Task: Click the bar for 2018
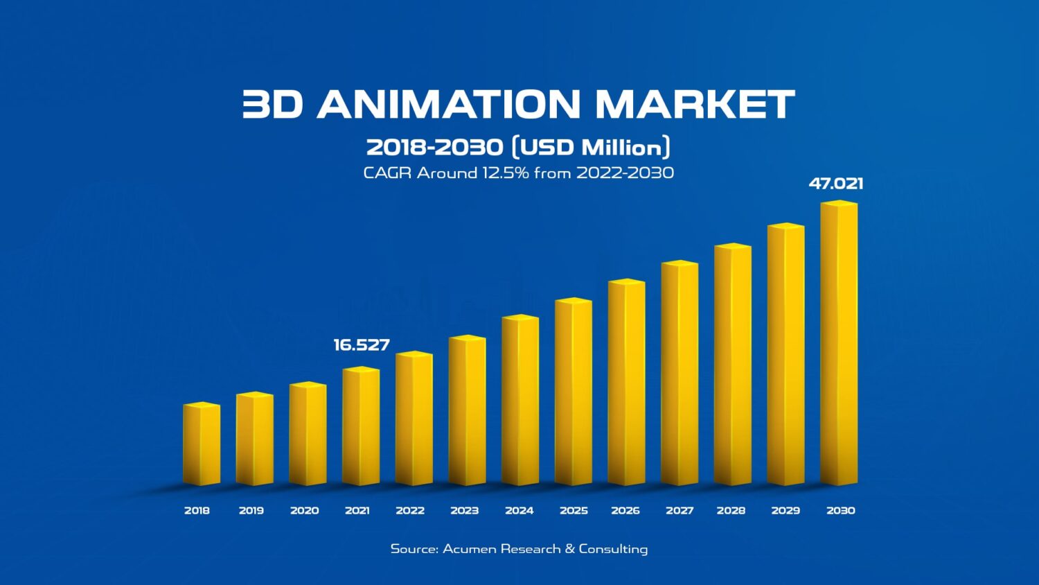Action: click(x=202, y=445)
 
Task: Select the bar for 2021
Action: click(x=361, y=427)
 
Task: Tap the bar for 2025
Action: click(x=574, y=392)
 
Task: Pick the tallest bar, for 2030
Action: click(x=839, y=344)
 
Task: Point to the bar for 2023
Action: click(x=467, y=411)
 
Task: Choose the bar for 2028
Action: click(x=733, y=365)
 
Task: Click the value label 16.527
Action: click(x=362, y=345)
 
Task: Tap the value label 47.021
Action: click(x=836, y=184)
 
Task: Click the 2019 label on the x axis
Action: click(x=251, y=511)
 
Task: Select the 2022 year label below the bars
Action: click(x=410, y=511)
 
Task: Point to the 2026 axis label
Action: click(x=625, y=511)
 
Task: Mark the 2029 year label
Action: click(x=785, y=511)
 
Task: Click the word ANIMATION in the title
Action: click(x=448, y=105)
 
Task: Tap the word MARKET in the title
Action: click(x=695, y=105)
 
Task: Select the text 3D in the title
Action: click(x=272, y=105)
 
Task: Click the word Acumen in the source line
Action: click(x=469, y=549)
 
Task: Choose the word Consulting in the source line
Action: click(x=613, y=549)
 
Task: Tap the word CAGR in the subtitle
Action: click(x=387, y=173)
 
